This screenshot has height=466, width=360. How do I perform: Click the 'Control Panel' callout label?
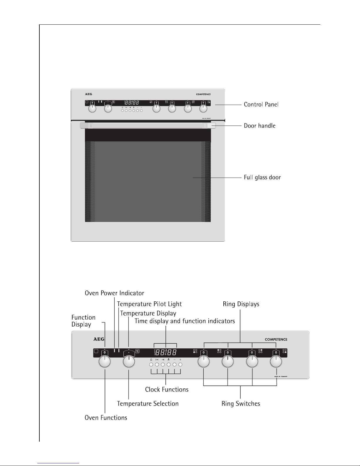tap(261, 104)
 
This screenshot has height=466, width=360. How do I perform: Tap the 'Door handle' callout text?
tap(259, 126)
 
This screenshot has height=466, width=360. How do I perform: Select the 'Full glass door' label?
tap(262, 178)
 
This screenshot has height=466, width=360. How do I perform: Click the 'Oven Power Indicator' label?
tap(114, 293)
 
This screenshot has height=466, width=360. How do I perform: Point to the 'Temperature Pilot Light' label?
tap(149, 304)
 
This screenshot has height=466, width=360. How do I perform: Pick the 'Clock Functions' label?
tap(167, 390)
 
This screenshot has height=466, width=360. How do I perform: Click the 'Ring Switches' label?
tap(241, 404)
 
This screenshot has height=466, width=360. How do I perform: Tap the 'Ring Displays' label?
tap(241, 304)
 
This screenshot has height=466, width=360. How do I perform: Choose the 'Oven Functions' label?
tap(106, 418)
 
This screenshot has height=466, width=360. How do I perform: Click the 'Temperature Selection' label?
tap(148, 404)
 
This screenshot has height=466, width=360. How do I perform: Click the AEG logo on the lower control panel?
tap(99, 339)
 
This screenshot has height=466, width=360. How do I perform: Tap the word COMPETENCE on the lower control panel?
tap(276, 339)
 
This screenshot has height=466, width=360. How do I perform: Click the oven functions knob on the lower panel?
tap(105, 362)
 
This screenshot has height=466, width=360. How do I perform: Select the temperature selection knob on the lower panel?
tap(129, 362)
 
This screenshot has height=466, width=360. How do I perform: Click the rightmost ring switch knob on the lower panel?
tap(276, 362)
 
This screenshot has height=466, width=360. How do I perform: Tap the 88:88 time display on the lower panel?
tap(166, 352)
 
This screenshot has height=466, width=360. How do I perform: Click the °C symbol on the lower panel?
tap(137, 351)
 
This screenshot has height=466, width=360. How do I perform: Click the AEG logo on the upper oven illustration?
tap(88, 94)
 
